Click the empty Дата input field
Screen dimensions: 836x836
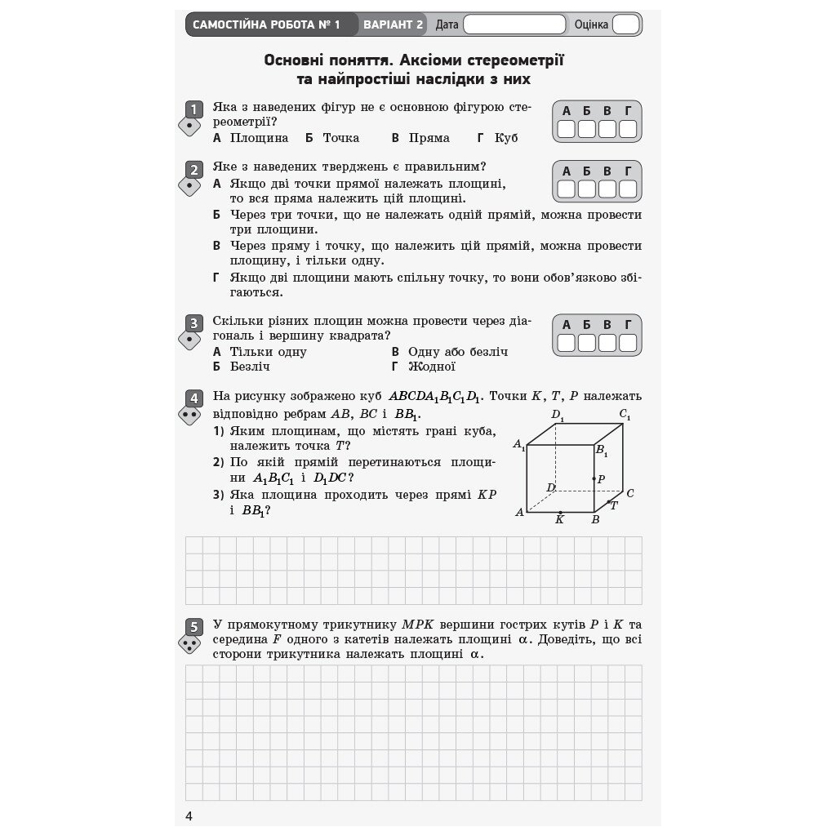(x=514, y=24)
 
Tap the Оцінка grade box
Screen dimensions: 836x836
(x=625, y=24)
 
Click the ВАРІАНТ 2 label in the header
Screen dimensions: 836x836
(x=393, y=24)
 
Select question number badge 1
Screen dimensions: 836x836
(x=193, y=109)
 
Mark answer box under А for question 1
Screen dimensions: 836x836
(x=566, y=129)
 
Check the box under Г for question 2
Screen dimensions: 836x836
(x=628, y=189)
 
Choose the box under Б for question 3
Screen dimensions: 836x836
(x=587, y=343)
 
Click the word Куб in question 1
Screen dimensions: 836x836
(x=506, y=138)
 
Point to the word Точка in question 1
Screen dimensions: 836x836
(x=340, y=138)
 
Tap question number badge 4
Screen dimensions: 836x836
(x=193, y=398)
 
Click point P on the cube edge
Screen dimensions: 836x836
(x=594, y=478)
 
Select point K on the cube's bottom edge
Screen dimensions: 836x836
(x=559, y=513)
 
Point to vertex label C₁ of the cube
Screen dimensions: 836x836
(x=625, y=415)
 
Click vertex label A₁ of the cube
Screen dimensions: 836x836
(x=518, y=445)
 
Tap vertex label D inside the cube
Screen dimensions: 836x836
(x=550, y=488)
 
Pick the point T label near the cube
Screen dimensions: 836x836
(x=614, y=505)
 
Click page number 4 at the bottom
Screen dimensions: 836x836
(x=189, y=816)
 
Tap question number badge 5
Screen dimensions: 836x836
(x=193, y=627)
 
